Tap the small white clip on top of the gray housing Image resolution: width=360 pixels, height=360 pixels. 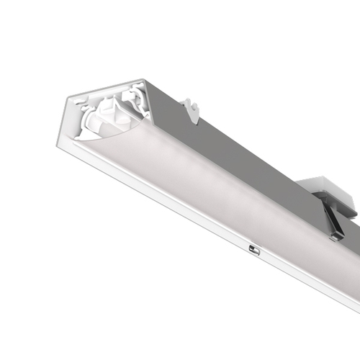[190, 108]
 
